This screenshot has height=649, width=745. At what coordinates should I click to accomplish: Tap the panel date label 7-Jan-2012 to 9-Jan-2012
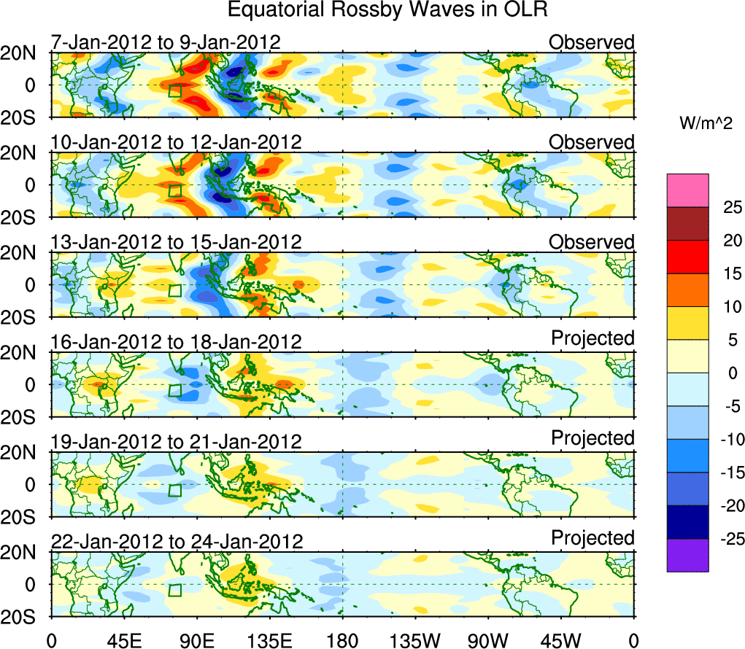click(166, 42)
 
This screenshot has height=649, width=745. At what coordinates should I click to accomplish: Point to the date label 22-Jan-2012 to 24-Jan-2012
click(177, 542)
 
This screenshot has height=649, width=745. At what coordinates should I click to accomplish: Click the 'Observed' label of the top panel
click(592, 42)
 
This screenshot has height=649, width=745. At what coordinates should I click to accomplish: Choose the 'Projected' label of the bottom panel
click(592, 538)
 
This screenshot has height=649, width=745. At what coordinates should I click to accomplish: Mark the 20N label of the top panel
click(20, 53)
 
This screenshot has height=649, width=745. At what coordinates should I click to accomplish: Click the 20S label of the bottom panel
click(20, 617)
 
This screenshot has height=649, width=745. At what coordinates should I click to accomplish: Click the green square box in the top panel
click(174, 90)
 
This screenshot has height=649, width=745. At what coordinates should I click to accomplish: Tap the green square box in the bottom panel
click(174, 590)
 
